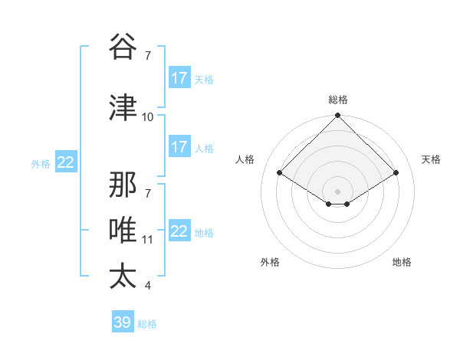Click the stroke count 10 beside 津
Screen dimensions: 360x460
click(x=147, y=117)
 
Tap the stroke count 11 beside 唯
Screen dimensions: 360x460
click(x=147, y=240)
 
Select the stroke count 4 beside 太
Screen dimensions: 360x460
click(x=147, y=286)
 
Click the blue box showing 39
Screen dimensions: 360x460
click(x=122, y=322)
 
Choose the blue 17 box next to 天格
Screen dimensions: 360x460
click(x=179, y=78)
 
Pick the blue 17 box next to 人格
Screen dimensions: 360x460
click(x=179, y=147)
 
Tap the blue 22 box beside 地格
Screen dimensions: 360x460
click(x=179, y=231)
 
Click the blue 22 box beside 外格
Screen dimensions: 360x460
click(x=66, y=162)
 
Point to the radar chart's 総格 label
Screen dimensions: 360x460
click(x=337, y=100)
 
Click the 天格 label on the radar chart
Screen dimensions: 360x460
click(x=431, y=159)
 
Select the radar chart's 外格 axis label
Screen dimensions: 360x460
click(x=270, y=263)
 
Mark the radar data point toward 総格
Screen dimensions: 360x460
click(x=337, y=116)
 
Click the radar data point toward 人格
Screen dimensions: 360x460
click(x=280, y=173)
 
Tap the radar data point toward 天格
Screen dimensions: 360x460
click(x=396, y=173)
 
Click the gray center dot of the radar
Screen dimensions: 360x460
click(x=337, y=191)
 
